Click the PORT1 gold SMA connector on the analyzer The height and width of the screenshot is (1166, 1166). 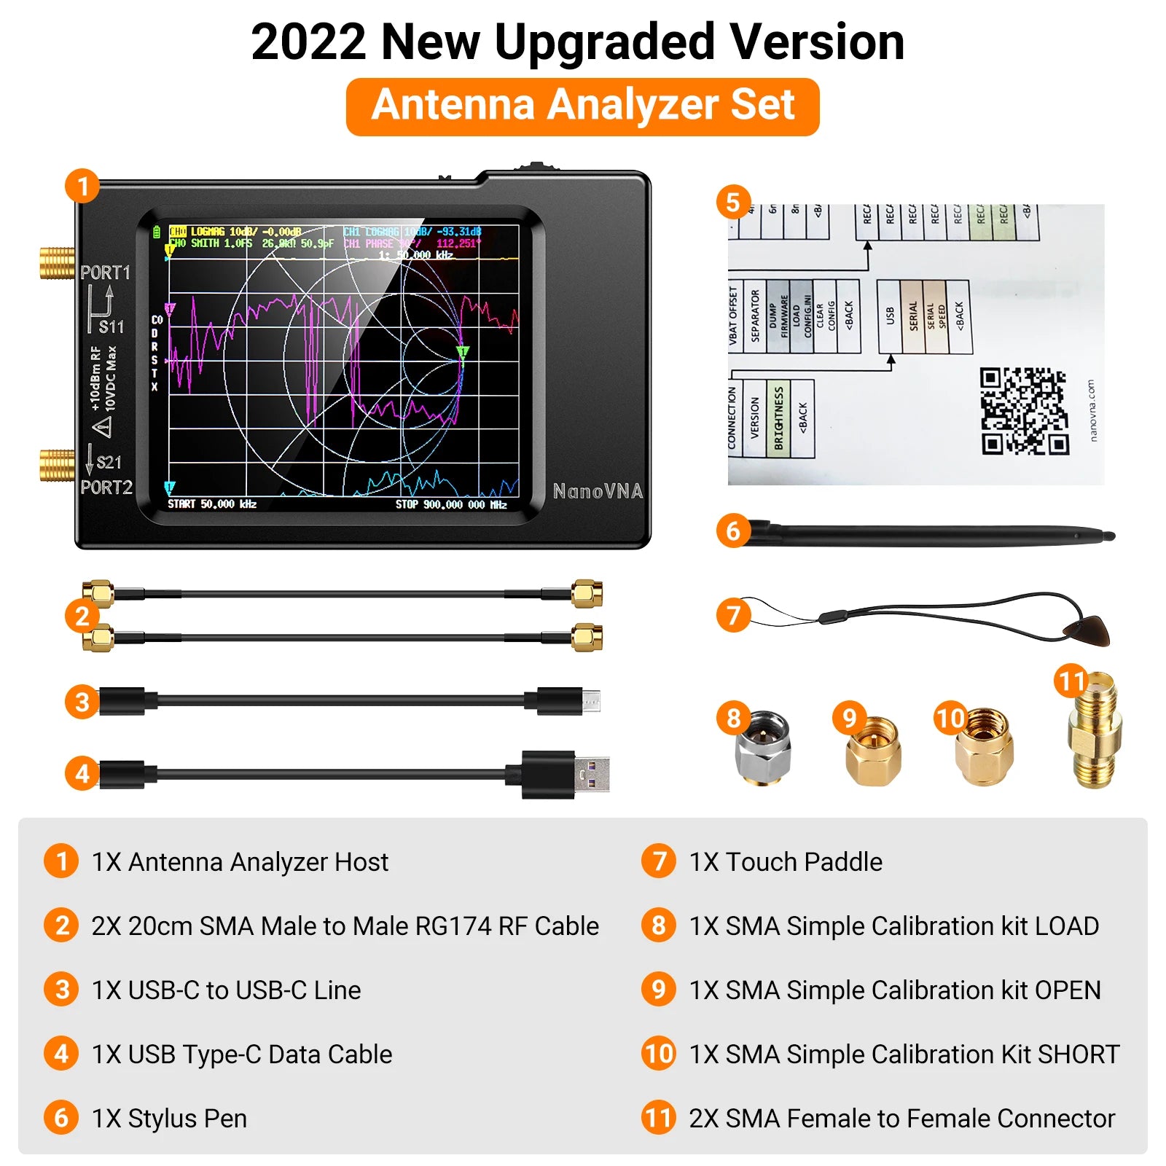57,263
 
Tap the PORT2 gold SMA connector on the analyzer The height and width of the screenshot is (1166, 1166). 57,465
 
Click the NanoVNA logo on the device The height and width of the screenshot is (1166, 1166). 598,491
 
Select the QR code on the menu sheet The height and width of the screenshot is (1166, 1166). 1023,412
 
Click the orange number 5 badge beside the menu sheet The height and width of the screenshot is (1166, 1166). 733,203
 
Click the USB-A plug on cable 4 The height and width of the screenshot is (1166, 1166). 590,774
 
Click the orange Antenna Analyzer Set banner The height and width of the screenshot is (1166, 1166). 582,106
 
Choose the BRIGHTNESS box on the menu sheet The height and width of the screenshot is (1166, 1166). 778,418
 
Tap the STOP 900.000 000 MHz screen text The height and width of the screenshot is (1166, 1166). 450,504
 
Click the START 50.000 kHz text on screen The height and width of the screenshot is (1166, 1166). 212,504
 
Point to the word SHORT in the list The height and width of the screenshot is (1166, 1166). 1078,1055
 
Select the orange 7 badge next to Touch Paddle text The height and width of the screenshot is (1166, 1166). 658,861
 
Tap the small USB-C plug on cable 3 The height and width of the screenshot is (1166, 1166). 590,701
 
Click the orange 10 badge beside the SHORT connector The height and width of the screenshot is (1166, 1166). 950,719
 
